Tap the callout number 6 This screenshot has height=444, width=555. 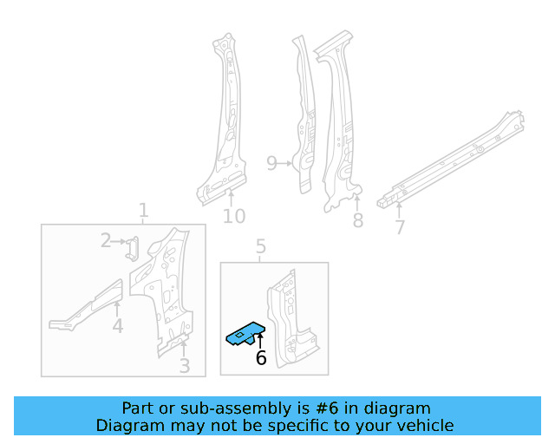coord(260,358)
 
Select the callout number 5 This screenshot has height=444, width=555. coord(261,250)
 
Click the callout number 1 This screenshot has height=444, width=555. coord(144,211)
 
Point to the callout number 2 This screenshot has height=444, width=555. coord(106,240)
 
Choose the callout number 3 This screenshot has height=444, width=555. coord(184,366)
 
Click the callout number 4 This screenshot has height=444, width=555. coord(117,326)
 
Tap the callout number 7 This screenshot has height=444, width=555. coord(399,228)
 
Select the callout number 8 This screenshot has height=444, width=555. coord(357,221)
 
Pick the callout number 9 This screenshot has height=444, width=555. coord(271,163)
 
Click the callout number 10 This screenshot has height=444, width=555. coord(234,216)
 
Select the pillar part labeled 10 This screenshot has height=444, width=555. coord(223,121)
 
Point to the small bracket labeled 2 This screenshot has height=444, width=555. coord(131,248)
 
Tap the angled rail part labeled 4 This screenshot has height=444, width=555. coord(87,305)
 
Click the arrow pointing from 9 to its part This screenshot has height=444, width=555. coord(287,163)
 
